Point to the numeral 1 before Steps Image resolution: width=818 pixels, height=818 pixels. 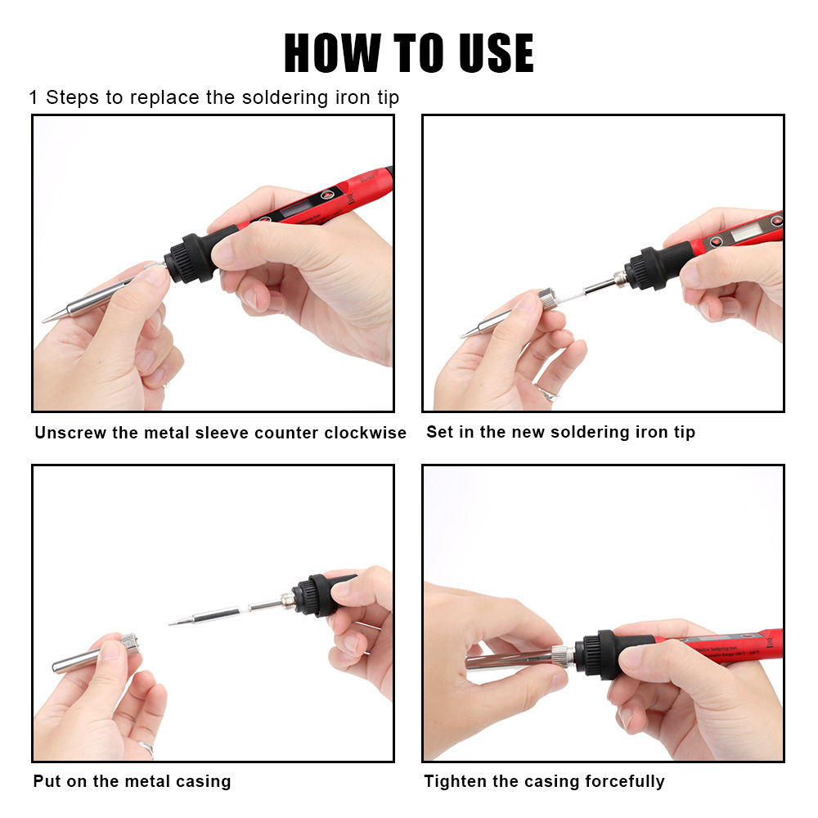click(x=34, y=98)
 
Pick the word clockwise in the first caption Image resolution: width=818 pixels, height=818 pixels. click(x=365, y=433)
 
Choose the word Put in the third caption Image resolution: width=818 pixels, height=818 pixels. click(x=47, y=781)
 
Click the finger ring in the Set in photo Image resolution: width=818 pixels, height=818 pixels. click(x=547, y=393)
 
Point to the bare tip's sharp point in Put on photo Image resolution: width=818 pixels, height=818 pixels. click(x=171, y=623)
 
